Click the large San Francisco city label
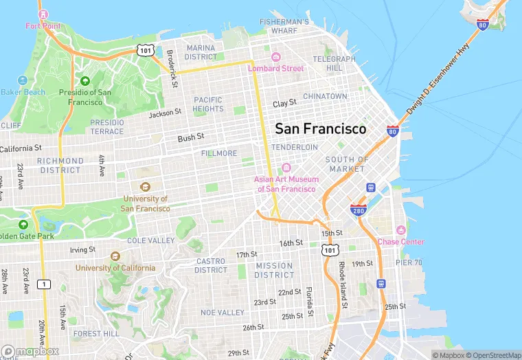coord(320,128)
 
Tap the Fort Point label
coord(43,26)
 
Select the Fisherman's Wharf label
coord(284,26)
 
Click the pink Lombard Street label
coord(275,68)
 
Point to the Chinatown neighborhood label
coord(325,96)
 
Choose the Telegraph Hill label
coord(334,64)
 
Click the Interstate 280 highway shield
coord(357,210)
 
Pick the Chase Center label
coord(401,242)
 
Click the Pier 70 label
coord(409,262)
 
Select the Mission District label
coord(274,270)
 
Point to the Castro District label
coord(211,265)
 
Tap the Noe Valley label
coord(222,313)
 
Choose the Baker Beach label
coord(22,92)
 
